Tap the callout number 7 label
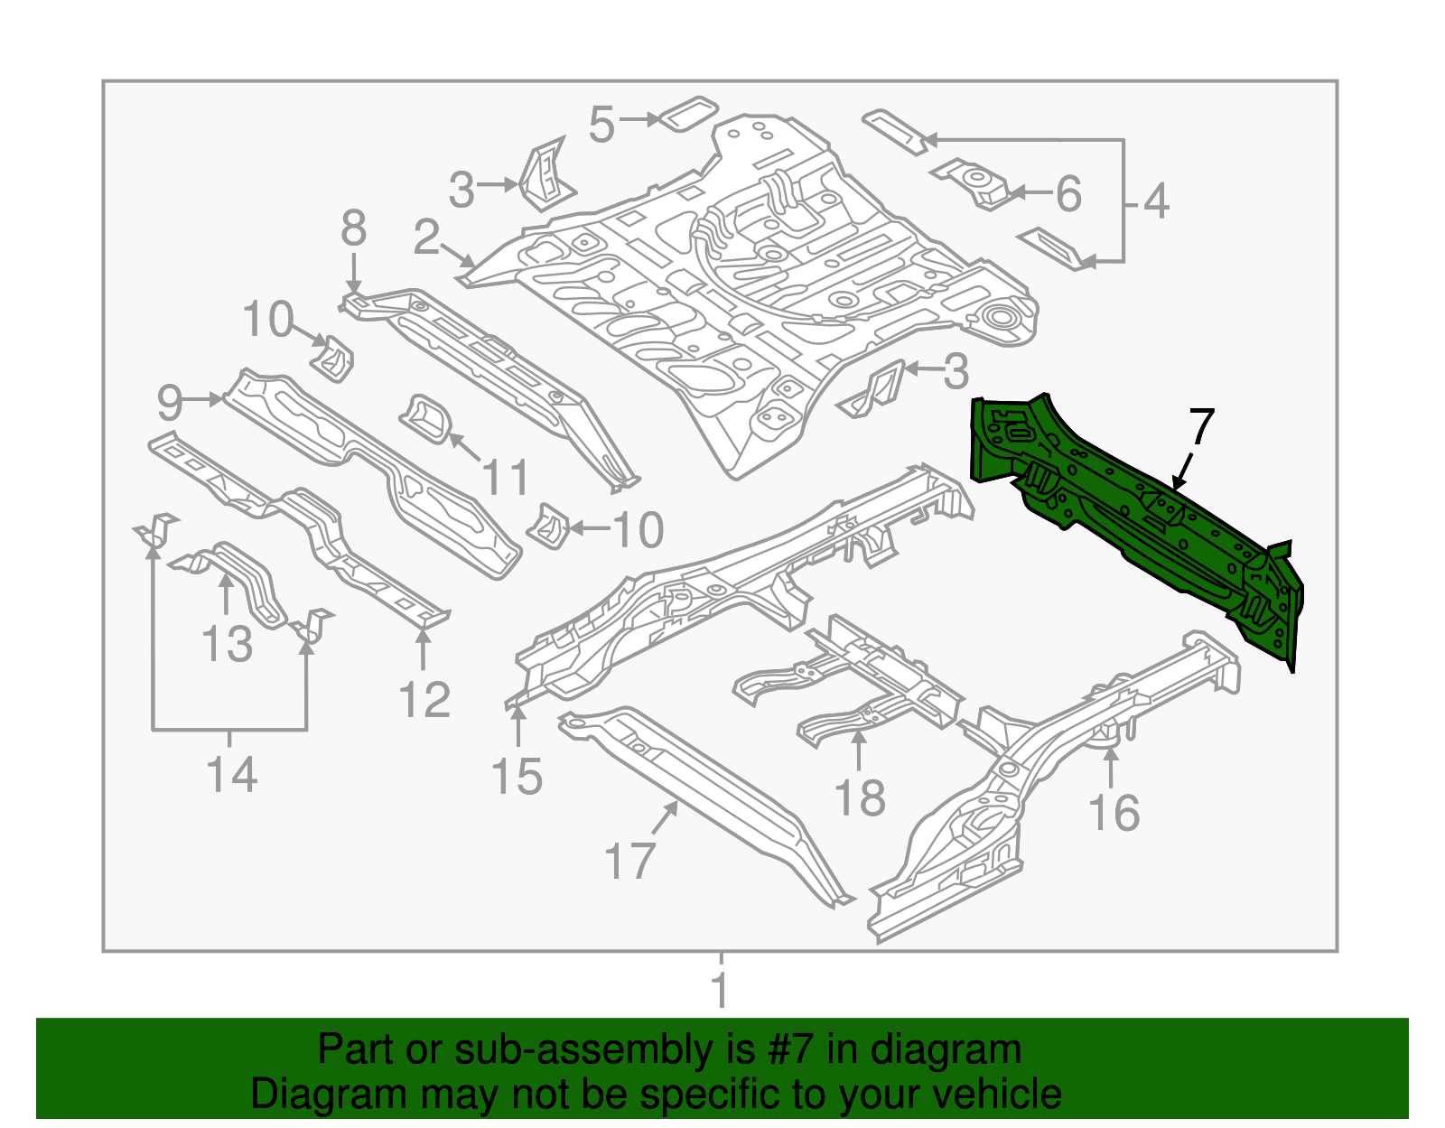[1201, 426]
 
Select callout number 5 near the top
[601, 125]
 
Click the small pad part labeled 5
[689, 113]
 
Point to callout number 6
[1068, 194]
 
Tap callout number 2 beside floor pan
[426, 238]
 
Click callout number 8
[353, 228]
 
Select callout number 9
[170, 403]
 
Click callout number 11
[506, 477]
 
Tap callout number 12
[424, 700]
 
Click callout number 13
[227, 645]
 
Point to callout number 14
[231, 775]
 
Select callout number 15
[517, 777]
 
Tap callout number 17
[629, 861]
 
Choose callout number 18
[859, 798]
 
